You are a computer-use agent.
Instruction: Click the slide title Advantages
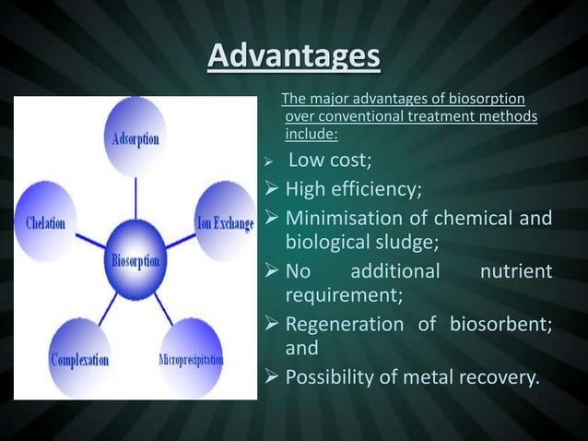(293, 56)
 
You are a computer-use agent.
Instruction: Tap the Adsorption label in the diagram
(135, 139)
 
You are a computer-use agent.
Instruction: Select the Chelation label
(45, 225)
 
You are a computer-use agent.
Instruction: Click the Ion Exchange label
(225, 224)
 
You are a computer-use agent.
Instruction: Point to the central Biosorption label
(135, 261)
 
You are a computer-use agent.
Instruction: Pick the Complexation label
(79, 358)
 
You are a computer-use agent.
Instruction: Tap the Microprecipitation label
(191, 358)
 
